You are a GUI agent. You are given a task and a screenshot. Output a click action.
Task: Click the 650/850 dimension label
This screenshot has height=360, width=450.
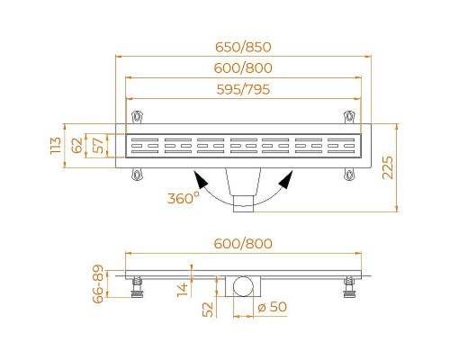246,48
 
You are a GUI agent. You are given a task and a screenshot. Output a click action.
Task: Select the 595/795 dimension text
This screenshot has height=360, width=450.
246,89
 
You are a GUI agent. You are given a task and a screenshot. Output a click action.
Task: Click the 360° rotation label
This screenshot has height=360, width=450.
183,198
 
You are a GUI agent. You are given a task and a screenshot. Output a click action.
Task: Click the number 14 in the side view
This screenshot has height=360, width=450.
184,287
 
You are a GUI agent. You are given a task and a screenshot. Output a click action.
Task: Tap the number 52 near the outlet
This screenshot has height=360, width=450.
207,310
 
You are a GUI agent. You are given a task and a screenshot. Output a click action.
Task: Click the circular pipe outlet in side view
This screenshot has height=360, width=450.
242,287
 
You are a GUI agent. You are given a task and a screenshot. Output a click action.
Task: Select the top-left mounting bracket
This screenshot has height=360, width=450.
137,116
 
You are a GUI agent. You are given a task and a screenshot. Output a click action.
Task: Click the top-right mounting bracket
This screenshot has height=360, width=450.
350,116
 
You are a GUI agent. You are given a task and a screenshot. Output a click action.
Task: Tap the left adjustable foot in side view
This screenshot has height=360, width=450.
137,285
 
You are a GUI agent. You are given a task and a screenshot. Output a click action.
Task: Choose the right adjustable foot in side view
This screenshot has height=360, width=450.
347,285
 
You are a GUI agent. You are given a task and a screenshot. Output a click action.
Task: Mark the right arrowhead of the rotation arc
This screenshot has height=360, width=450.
285,180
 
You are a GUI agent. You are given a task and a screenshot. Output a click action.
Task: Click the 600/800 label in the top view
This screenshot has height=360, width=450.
246,68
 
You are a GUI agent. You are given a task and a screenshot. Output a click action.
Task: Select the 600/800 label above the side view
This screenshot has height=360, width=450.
246,244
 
